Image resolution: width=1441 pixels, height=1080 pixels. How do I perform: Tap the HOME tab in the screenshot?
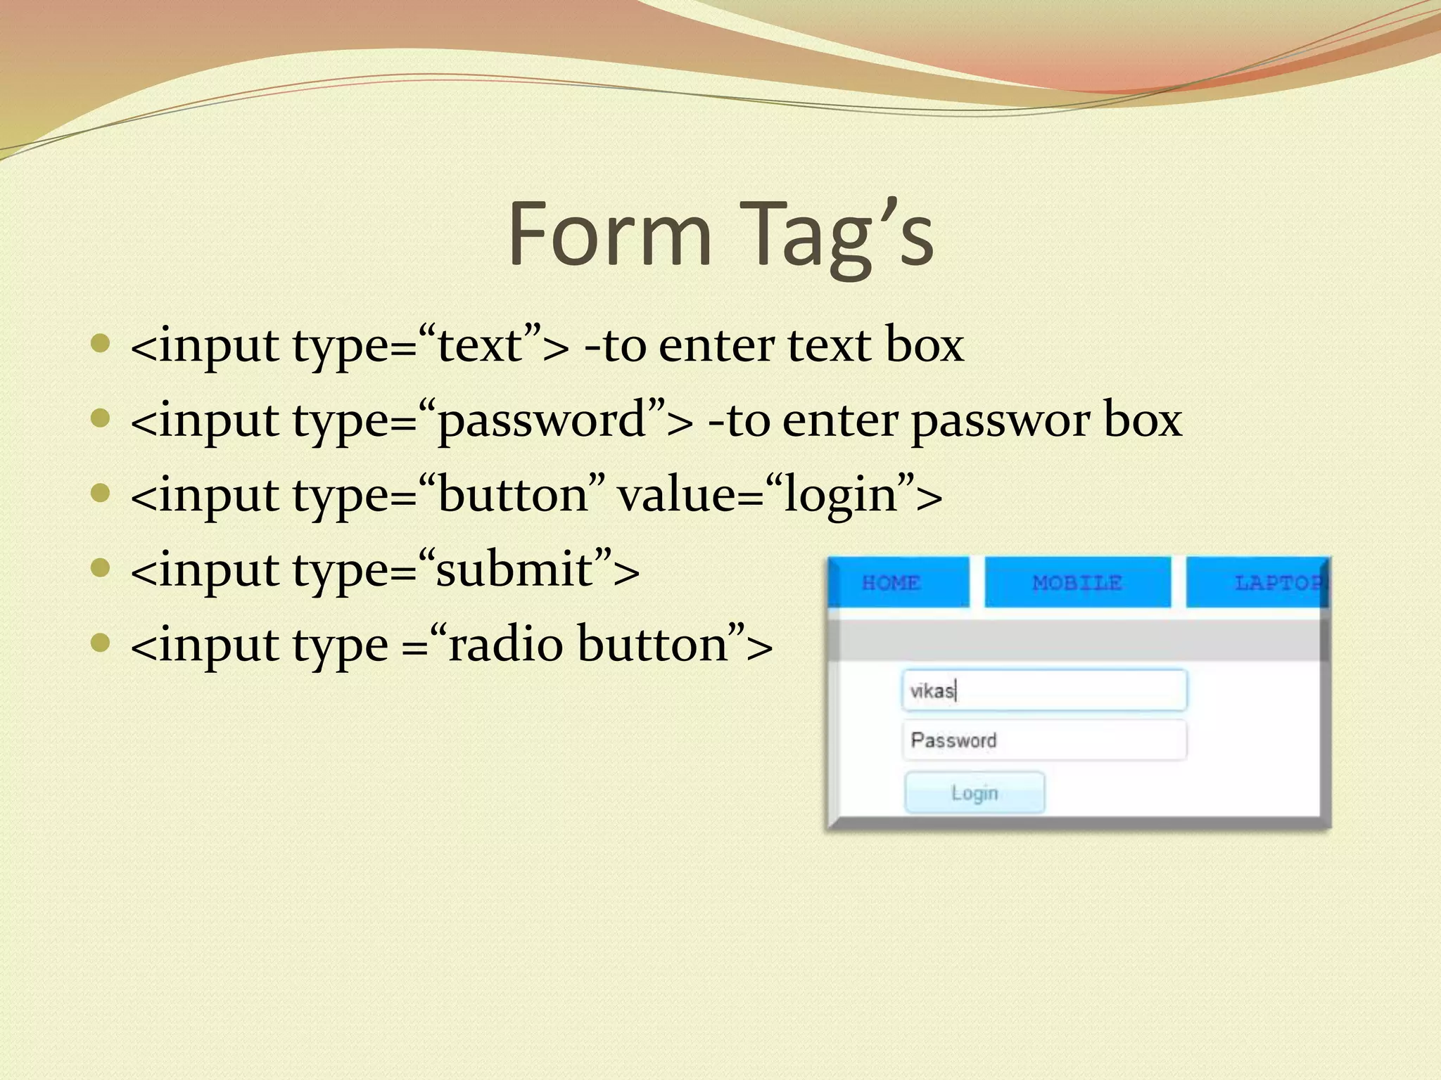click(x=891, y=583)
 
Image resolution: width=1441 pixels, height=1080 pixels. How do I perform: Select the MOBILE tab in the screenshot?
click(x=1077, y=583)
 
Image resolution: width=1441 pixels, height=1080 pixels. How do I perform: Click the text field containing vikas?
click(x=1044, y=690)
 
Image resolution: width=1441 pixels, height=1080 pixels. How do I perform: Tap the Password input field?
click(x=1044, y=740)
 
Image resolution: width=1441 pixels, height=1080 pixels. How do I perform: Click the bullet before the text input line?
click(x=101, y=344)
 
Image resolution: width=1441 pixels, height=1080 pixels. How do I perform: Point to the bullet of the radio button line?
click(x=101, y=643)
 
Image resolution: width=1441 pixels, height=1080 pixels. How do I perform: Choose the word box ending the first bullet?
click(x=924, y=346)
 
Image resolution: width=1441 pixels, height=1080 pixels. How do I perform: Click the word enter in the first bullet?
click(x=716, y=346)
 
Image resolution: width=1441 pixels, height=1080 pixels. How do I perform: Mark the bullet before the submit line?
click(x=101, y=567)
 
